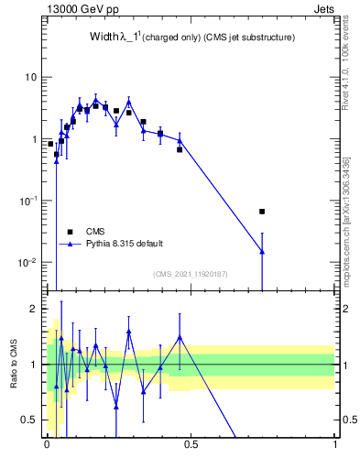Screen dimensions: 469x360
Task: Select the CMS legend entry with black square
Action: click(x=96, y=231)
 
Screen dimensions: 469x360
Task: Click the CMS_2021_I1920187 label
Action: click(x=190, y=273)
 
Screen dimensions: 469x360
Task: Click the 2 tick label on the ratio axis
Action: click(x=33, y=310)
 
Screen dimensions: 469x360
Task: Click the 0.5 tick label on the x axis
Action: click(x=191, y=450)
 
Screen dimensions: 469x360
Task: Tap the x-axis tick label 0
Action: click(x=47, y=450)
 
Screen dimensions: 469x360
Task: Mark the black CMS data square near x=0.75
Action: click(x=262, y=212)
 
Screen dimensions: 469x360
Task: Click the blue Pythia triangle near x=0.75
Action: click(x=262, y=251)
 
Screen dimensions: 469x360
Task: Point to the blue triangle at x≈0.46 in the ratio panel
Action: click(x=180, y=337)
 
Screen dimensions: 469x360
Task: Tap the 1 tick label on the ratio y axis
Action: click(x=33, y=365)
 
